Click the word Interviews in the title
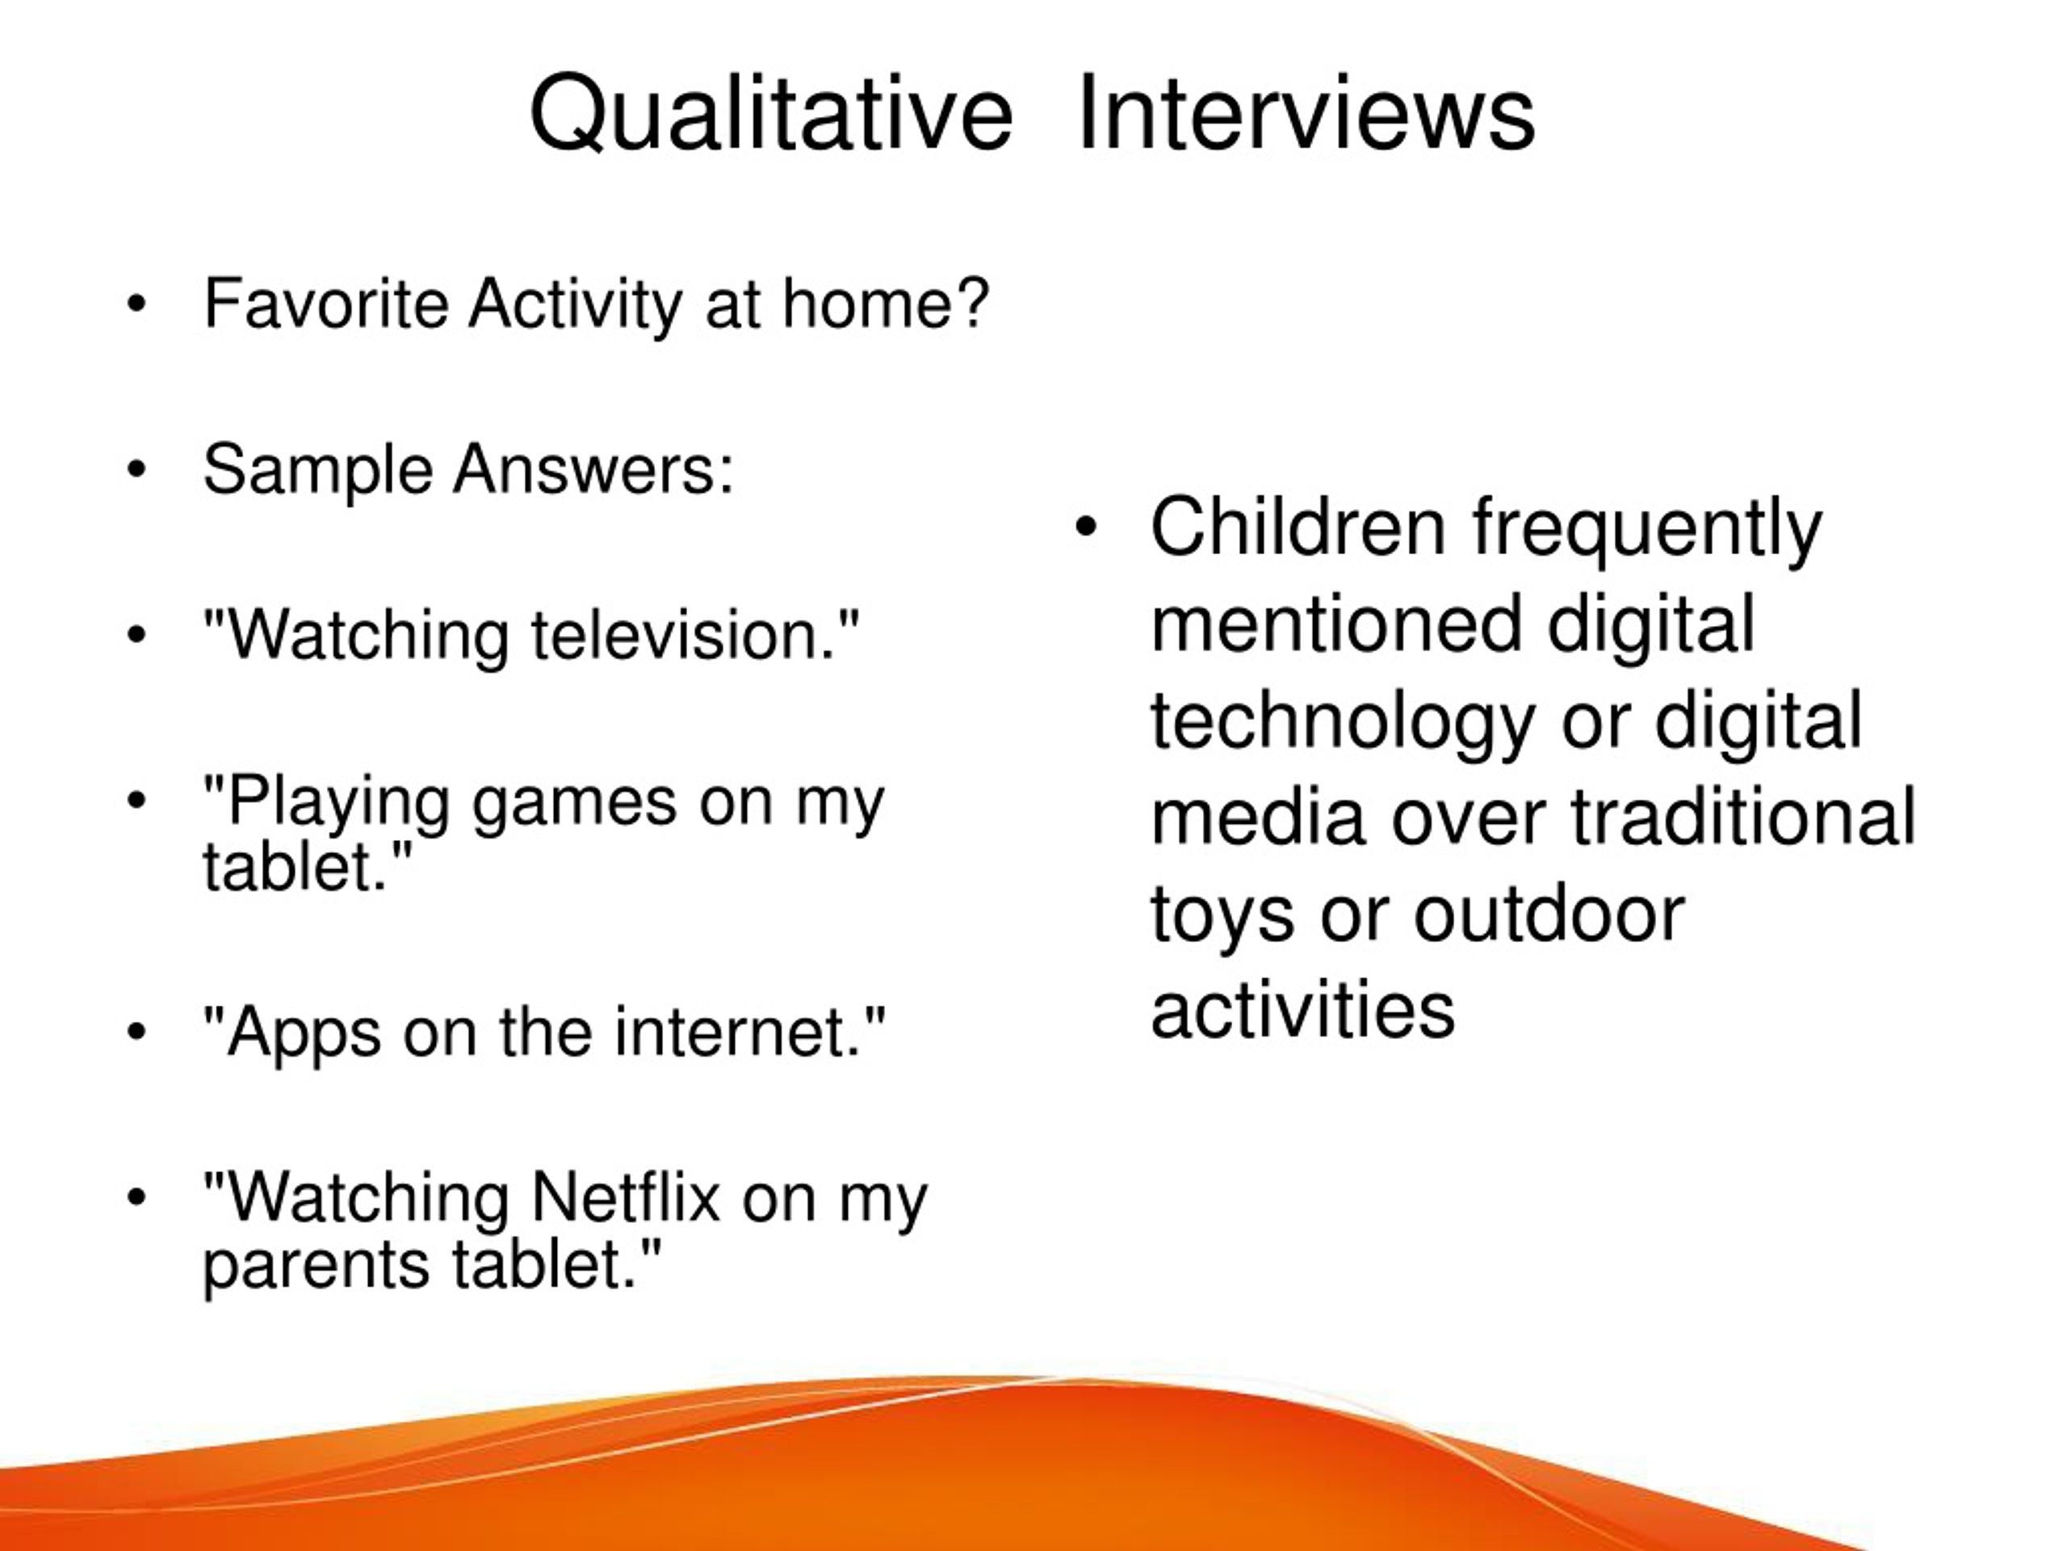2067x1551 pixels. point(1306,112)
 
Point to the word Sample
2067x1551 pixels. point(317,470)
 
